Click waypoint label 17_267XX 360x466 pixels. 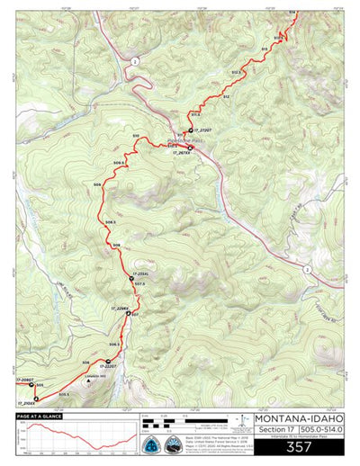tap(182, 153)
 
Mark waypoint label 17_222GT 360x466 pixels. tap(106, 366)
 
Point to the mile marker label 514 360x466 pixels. tap(292, 12)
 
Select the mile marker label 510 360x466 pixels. tap(136, 135)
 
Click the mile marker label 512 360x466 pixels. tap(226, 95)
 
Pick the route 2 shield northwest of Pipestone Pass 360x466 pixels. tap(132, 59)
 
